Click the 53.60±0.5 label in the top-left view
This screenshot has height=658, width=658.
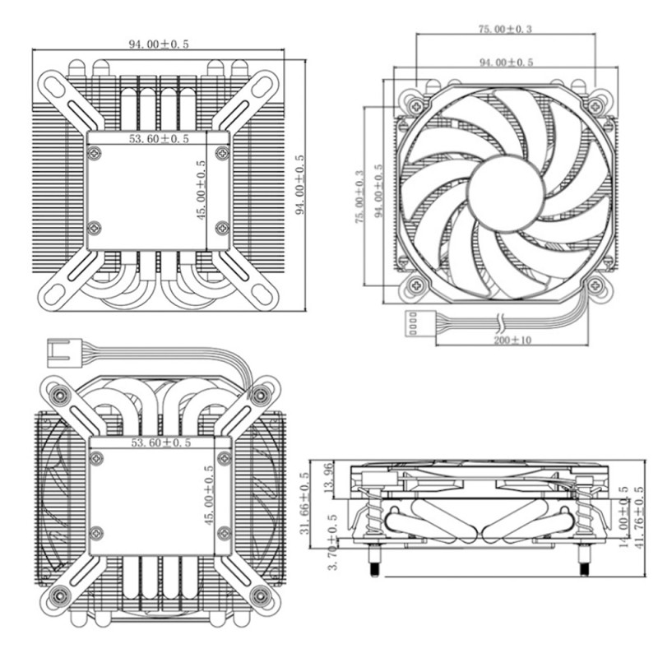point(159,139)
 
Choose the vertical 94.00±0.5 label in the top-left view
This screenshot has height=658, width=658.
point(299,184)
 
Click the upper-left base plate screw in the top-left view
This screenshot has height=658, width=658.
point(95,153)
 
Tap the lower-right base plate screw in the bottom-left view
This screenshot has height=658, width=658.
point(224,533)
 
